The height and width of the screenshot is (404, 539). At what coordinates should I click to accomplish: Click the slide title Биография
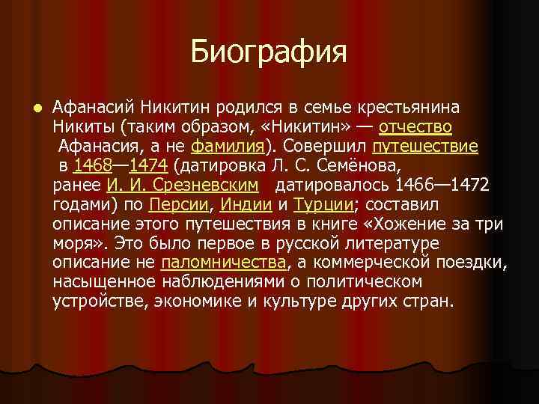[x=269, y=52]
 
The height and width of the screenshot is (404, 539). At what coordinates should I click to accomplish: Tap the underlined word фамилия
[x=229, y=145]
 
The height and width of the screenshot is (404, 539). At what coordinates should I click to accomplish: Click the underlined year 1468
[x=91, y=165]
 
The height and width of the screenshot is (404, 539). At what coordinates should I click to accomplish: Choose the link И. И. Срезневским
[x=183, y=186]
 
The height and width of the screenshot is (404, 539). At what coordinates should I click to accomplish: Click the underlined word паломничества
[x=224, y=263]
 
